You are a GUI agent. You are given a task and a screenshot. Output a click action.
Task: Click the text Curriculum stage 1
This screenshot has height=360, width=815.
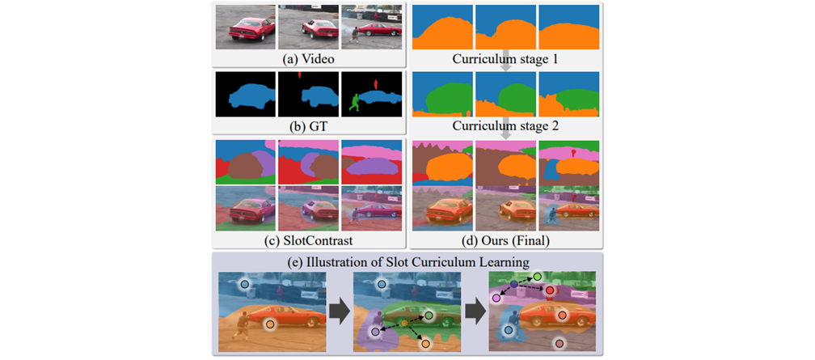click(505, 59)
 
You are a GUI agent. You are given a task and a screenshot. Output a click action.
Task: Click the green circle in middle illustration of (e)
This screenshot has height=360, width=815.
click(429, 315)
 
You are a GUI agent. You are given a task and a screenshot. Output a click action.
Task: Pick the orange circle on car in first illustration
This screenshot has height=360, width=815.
click(270, 324)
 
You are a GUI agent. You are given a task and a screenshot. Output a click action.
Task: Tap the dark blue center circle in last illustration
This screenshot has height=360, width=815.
click(513, 285)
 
